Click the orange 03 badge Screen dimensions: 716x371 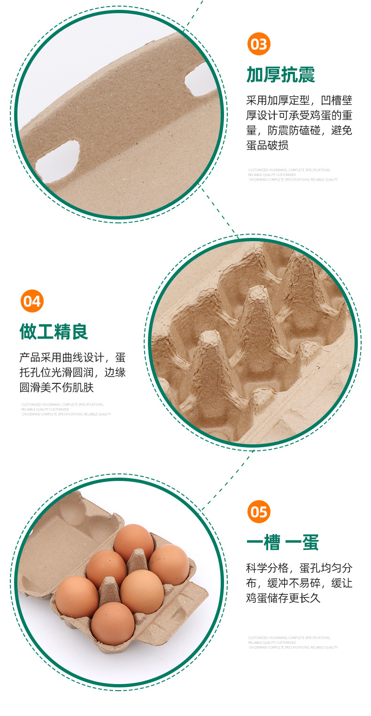click(x=259, y=45)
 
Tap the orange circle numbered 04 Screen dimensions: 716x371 click(x=32, y=301)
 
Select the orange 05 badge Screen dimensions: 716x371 click(x=259, y=511)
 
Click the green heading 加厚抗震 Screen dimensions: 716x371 click(x=281, y=75)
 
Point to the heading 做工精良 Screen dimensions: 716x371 click(x=54, y=332)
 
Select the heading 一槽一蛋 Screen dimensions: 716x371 click(x=283, y=543)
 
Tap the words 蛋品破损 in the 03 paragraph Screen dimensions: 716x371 click(x=268, y=145)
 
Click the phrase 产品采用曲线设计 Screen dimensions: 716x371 click(x=61, y=358)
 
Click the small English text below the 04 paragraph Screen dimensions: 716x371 click(x=66, y=409)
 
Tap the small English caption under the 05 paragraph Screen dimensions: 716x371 click(x=293, y=642)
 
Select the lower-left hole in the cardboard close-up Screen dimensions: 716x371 click(x=58, y=160)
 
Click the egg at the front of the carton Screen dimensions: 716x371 click(x=112, y=623)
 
